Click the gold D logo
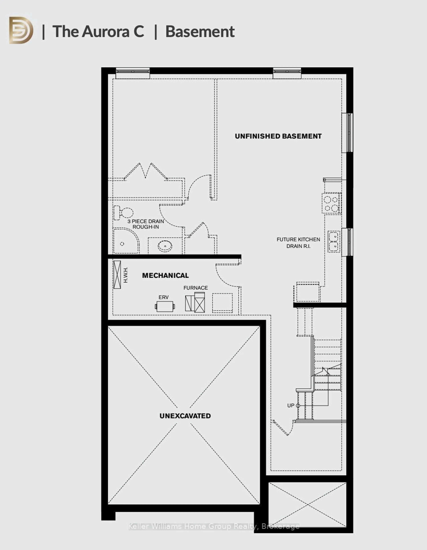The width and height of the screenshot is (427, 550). (21, 30)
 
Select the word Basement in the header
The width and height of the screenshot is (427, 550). (200, 32)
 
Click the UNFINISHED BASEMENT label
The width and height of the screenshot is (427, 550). (278, 136)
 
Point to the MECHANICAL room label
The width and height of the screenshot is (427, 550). (165, 276)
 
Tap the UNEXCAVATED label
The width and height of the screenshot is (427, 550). (185, 416)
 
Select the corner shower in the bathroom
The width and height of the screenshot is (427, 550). (126, 241)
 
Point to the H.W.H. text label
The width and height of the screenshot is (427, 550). (126, 275)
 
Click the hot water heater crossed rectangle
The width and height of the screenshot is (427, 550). (117, 274)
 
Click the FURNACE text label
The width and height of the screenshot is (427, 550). (196, 288)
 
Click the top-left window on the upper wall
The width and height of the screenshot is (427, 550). (133, 73)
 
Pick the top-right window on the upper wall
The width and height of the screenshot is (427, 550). (287, 73)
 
